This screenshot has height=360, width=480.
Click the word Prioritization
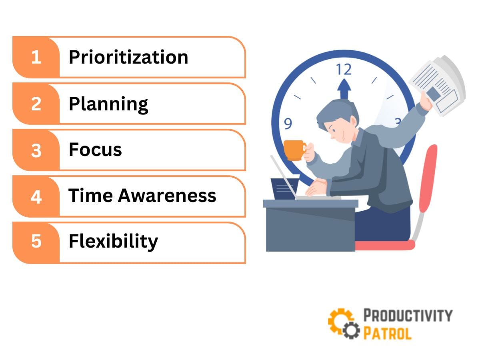[128, 57]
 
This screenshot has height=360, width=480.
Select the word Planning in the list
[108, 104]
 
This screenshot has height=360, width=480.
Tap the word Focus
[95, 150]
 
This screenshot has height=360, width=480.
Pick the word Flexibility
[113, 242]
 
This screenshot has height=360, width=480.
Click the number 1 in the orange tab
[36, 57]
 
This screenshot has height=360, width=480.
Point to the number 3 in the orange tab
[36, 150]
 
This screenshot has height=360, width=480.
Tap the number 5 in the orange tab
[36, 242]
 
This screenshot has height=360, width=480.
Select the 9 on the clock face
[288, 124]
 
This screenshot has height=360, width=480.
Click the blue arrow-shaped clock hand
[344, 89]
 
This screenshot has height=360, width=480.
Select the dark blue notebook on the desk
[284, 188]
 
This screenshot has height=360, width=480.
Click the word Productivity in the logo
[407, 315]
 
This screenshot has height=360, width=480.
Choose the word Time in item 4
[90, 196]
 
